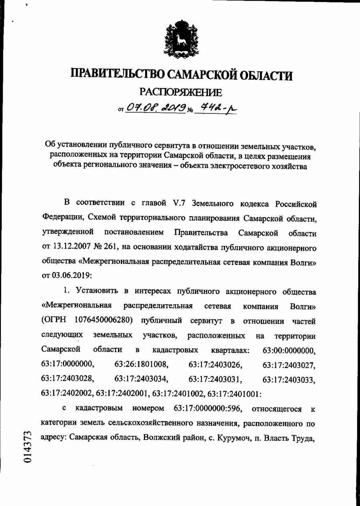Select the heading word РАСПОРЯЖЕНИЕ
pyautogui.click(x=180, y=92)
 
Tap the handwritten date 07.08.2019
pyautogui.click(x=156, y=107)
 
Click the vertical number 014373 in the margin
pyautogui.click(x=27, y=447)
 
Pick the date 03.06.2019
pyautogui.click(x=71, y=276)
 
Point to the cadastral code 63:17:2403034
pyautogui.click(x=141, y=379)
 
